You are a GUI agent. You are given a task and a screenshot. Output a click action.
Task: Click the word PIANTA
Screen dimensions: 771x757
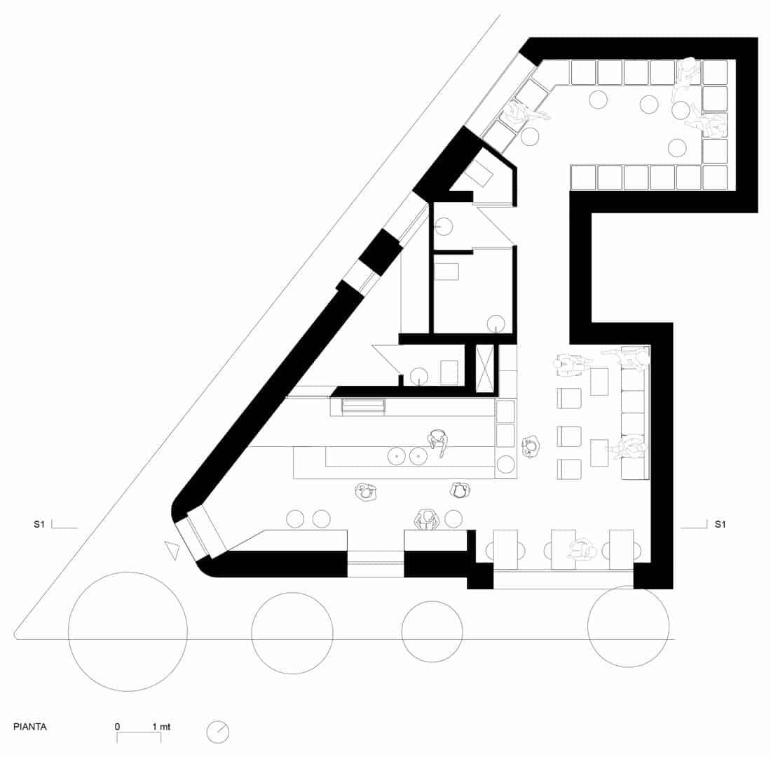click(30, 727)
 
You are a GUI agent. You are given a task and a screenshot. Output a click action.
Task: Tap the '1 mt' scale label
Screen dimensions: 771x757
click(161, 727)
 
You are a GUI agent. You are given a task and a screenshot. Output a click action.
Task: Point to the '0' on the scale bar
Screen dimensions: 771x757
click(117, 727)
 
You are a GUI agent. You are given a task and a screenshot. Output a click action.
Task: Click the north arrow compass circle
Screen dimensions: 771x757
click(218, 732)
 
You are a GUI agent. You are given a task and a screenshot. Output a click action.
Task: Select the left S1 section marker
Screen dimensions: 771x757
click(39, 524)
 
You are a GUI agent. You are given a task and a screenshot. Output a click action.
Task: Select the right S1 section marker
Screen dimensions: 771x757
click(720, 524)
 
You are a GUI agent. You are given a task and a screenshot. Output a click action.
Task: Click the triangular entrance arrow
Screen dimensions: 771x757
click(172, 550)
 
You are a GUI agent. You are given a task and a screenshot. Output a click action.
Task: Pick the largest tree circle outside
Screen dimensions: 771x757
click(128, 631)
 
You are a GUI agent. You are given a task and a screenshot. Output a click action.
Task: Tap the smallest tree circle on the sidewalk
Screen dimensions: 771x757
click(432, 631)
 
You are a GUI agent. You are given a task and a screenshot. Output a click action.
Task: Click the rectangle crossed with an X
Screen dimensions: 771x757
click(485, 368)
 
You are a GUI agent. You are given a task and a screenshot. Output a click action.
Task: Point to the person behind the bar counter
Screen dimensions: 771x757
click(437, 441)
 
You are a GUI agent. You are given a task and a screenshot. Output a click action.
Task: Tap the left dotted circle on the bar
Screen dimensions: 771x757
click(396, 456)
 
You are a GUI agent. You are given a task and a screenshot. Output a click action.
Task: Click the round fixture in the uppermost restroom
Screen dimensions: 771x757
click(444, 226)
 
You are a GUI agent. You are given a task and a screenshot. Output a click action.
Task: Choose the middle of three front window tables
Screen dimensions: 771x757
click(563, 549)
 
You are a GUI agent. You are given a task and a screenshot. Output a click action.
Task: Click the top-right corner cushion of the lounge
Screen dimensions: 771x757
click(715, 72)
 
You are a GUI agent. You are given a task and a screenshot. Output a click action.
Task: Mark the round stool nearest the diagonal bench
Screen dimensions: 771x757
click(530, 136)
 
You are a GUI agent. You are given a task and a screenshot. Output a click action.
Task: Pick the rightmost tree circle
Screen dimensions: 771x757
click(629, 627)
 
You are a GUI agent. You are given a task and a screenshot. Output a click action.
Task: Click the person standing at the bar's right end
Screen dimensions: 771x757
click(531, 447)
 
